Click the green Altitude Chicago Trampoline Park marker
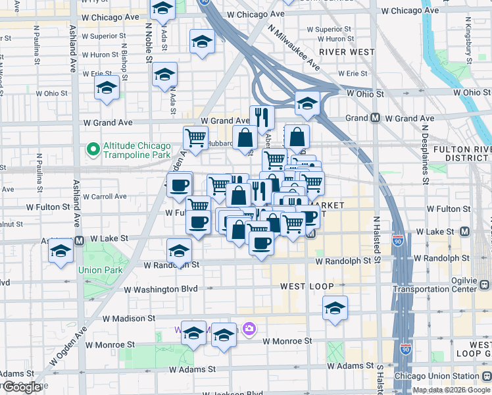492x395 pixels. pyautogui.click(x=93, y=151)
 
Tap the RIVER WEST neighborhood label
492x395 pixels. pyautogui.click(x=347, y=52)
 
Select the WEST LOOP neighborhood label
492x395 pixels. pyautogui.click(x=307, y=286)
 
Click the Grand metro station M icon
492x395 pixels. pyautogui.click(x=375, y=118)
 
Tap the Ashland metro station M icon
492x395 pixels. pyautogui.click(x=79, y=240)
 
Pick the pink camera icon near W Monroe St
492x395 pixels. pyautogui.click(x=249, y=328)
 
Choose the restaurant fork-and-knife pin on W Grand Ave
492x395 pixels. pyautogui.click(x=262, y=118)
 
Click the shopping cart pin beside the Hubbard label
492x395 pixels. pyautogui.click(x=195, y=138)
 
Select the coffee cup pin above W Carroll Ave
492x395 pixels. pyautogui.click(x=179, y=185)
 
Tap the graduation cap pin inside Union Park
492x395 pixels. pyautogui.click(x=61, y=251)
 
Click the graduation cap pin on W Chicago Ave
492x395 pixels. pyautogui.click(x=162, y=9)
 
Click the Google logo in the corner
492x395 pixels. pyautogui.click(x=22, y=388)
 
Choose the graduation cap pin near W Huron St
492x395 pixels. pyautogui.click(x=202, y=42)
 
